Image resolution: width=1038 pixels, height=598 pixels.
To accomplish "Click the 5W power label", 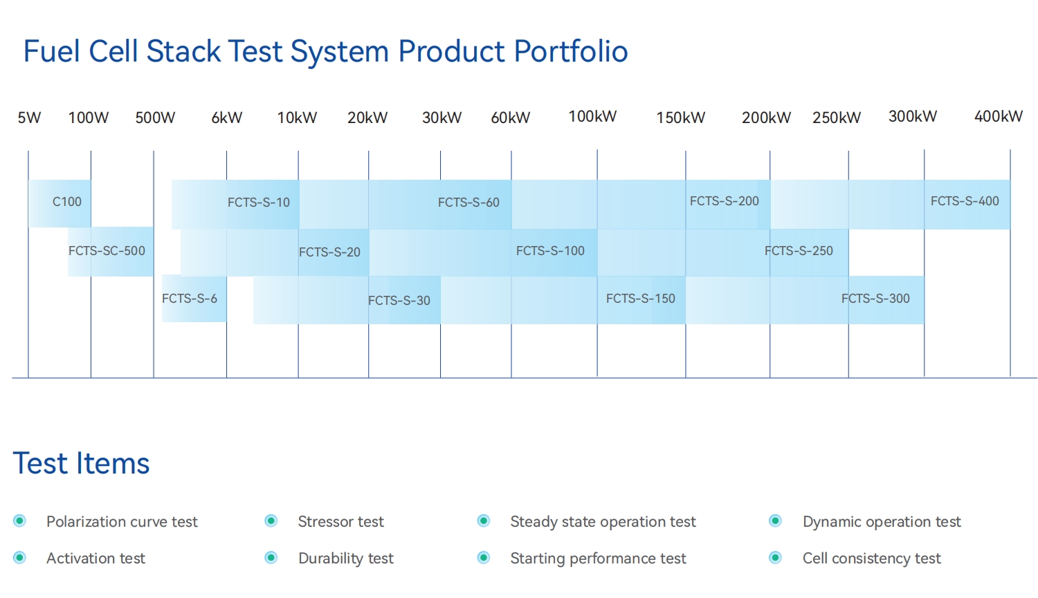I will [x=29, y=118].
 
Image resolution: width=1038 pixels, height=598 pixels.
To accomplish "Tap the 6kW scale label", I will [x=227, y=118].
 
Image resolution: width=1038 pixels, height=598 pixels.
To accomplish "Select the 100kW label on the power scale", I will [x=592, y=116].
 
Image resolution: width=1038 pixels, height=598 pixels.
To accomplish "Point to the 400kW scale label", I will [x=998, y=116].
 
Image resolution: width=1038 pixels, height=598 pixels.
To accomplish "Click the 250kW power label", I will [x=836, y=118].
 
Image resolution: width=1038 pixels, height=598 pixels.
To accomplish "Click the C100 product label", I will [x=67, y=202].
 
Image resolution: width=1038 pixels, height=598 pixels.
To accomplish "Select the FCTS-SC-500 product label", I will [x=107, y=251].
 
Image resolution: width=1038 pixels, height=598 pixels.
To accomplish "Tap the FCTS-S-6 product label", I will [x=190, y=299].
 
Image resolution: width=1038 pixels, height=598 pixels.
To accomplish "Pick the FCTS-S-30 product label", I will [x=399, y=301].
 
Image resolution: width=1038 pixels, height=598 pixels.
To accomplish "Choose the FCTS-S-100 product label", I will [x=550, y=251].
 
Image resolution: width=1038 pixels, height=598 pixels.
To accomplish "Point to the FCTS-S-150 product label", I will [x=640, y=299].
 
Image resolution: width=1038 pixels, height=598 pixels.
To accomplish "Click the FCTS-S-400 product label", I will [x=965, y=201].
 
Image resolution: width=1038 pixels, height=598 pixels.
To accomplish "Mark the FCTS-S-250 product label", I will [x=799, y=251].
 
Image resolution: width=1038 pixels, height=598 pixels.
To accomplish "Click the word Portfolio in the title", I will [x=571, y=52].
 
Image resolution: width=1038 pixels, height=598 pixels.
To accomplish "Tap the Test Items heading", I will [x=81, y=463].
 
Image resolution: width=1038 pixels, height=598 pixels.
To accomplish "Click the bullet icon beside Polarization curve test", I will [x=19, y=521].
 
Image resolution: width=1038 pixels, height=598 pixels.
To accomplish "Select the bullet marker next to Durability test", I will [x=271, y=557].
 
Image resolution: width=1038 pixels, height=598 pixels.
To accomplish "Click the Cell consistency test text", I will [x=871, y=558].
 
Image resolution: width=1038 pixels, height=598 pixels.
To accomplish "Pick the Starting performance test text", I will [x=598, y=558].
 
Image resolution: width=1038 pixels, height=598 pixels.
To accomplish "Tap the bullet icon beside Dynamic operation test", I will [x=775, y=521].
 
